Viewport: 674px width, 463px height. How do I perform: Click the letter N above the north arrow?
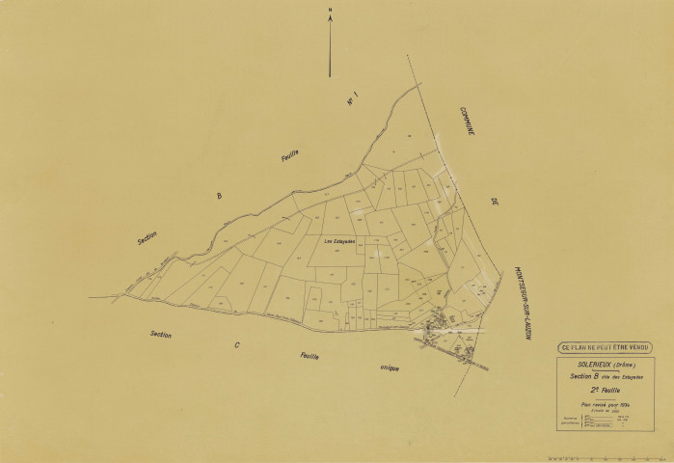click(x=330, y=11)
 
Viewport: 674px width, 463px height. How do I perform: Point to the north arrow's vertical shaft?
click(x=330, y=48)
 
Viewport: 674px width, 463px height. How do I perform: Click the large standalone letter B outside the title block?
click(x=219, y=196)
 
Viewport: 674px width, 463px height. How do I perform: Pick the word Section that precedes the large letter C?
click(x=161, y=334)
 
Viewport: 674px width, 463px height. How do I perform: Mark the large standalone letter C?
click(x=236, y=344)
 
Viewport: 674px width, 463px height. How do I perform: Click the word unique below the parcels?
click(x=389, y=368)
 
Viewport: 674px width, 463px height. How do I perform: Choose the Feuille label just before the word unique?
click(x=308, y=356)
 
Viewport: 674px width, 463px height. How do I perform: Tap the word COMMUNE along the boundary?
click(x=468, y=121)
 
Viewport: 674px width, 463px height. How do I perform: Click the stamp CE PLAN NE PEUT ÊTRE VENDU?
click(x=604, y=347)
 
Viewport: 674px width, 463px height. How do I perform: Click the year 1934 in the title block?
click(x=625, y=404)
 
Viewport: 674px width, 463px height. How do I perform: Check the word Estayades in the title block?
click(x=631, y=375)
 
